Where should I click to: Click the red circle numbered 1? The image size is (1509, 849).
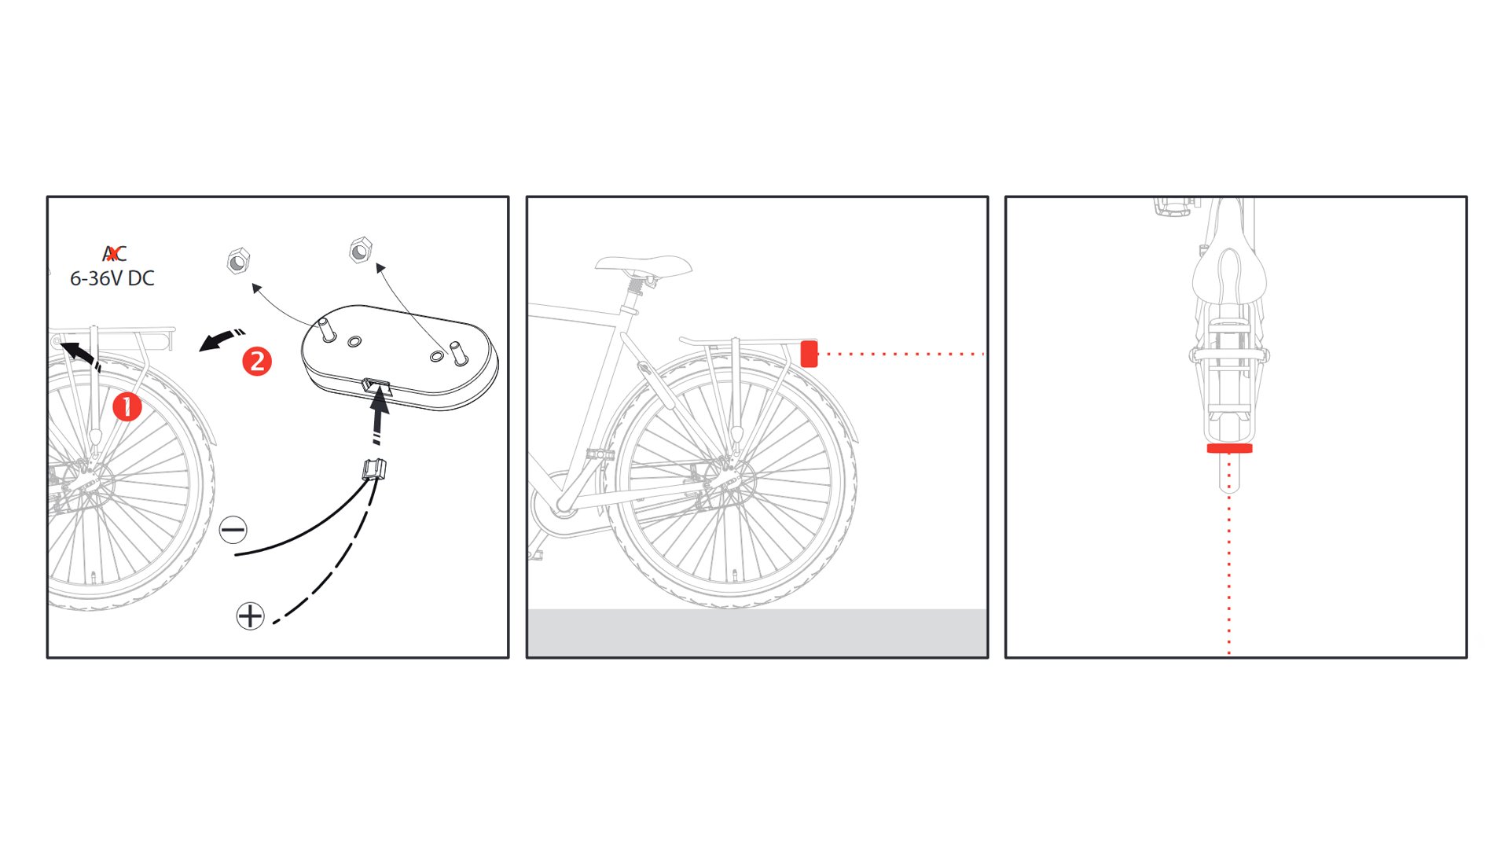pyautogui.click(x=127, y=407)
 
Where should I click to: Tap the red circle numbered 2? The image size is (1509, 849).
pyautogui.click(x=257, y=362)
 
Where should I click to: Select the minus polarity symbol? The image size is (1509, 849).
pyautogui.click(x=233, y=530)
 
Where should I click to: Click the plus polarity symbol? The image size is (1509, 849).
pyautogui.click(x=250, y=616)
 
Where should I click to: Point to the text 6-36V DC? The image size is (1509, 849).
pyautogui.click(x=112, y=278)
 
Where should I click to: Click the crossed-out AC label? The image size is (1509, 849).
pyautogui.click(x=115, y=253)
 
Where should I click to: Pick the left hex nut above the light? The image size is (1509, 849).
pyautogui.click(x=238, y=260)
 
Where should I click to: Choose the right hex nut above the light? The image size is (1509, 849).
pyautogui.click(x=360, y=251)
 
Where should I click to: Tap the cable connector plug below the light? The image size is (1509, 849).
pyautogui.click(x=374, y=469)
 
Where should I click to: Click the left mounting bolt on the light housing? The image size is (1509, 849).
pyautogui.click(x=328, y=329)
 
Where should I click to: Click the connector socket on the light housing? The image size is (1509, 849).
pyautogui.click(x=376, y=386)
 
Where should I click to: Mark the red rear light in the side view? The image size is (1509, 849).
pyautogui.click(x=809, y=354)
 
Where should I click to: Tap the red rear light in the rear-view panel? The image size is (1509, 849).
pyautogui.click(x=1230, y=449)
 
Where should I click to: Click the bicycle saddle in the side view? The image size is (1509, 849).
pyautogui.click(x=644, y=265)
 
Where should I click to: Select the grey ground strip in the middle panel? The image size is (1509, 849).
pyautogui.click(x=758, y=633)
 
